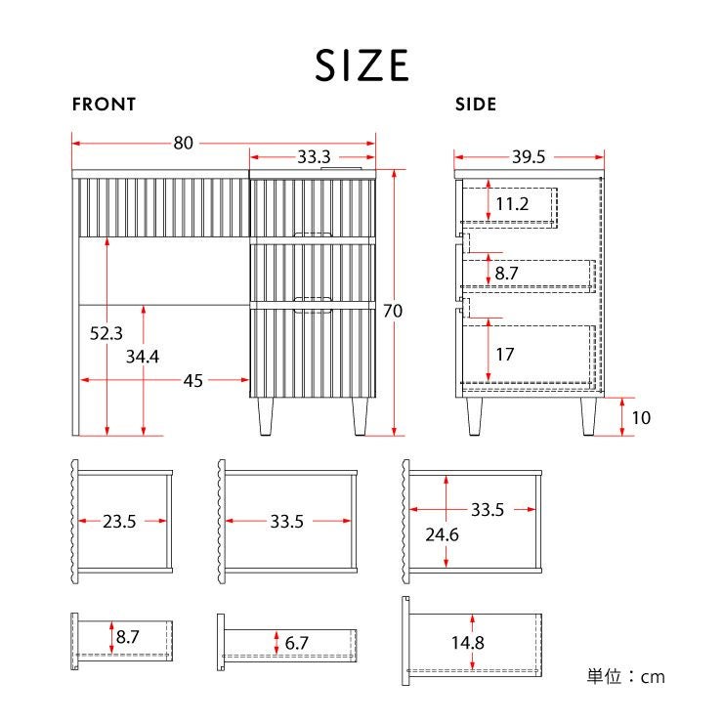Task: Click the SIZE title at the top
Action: tap(361, 65)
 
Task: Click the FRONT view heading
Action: tap(105, 105)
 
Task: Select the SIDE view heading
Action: tap(476, 105)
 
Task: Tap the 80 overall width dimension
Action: tap(183, 143)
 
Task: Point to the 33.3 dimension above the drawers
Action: tap(314, 156)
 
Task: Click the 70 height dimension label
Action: tap(393, 311)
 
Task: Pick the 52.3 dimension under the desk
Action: tap(106, 333)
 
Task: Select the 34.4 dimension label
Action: tap(143, 357)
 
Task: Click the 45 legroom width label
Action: tap(193, 381)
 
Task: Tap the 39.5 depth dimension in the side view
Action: tap(529, 156)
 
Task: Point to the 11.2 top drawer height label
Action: tap(512, 204)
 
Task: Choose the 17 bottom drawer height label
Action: tap(505, 354)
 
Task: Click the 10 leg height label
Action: tap(641, 418)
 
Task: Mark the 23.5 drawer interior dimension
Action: tap(119, 522)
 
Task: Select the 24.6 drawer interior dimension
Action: tap(442, 534)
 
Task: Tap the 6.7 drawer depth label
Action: tap(296, 643)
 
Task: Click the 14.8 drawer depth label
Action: tap(468, 643)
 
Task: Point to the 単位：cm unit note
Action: tap(625, 676)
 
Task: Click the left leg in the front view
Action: tap(266, 416)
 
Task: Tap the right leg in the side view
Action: tap(588, 416)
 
